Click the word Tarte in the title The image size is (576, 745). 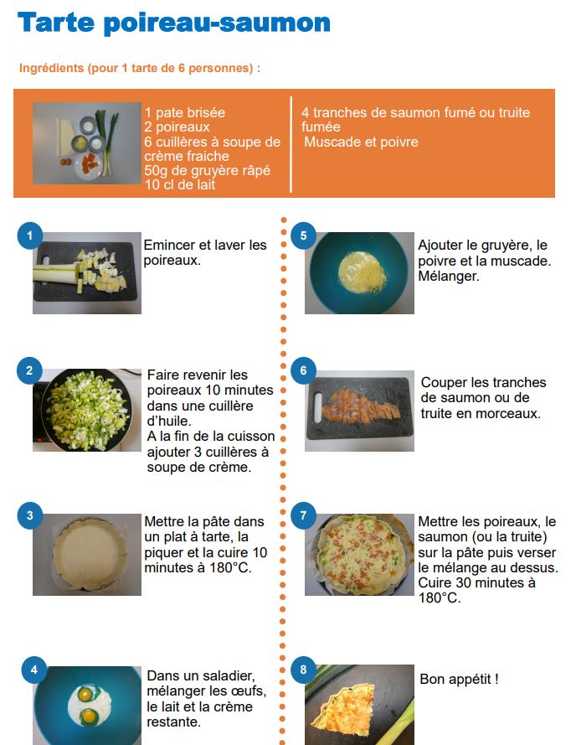pos(56,23)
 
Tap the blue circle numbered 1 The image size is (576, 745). pos(30,235)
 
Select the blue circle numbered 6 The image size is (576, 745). pos(303,370)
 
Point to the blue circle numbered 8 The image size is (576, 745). pos(303,670)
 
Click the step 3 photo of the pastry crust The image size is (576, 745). pos(87,555)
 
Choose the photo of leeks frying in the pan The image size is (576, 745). pos(87,410)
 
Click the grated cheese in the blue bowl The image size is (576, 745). pos(364,272)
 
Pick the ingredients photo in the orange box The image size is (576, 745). pos(87,143)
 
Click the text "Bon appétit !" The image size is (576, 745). pos(459,679)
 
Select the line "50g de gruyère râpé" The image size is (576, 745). pos(208,171)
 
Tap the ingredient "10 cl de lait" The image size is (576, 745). pos(180,185)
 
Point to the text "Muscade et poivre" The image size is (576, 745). pos(362,142)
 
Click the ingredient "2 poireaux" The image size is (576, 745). pos(177,127)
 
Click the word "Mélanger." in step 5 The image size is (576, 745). pos(449,276)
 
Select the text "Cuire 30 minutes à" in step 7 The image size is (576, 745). pos(476,582)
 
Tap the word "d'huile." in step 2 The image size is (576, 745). pos(169,421)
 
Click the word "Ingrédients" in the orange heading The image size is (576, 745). pos(51,69)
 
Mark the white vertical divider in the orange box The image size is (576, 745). pos(291,144)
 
